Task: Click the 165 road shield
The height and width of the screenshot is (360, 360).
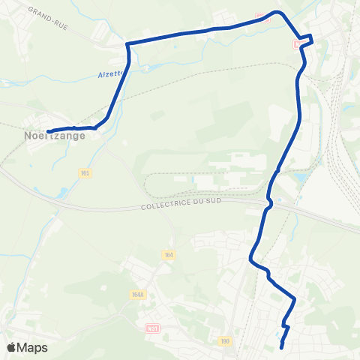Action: coord(85,173)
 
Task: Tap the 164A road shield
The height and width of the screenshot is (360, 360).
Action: coord(137,295)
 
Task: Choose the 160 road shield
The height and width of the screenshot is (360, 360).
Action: coord(224,341)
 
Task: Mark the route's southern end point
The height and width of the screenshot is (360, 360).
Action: coord(281,347)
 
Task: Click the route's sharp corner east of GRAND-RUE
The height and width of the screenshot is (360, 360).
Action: coord(127,44)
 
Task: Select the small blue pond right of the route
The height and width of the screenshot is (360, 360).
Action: coord(302,178)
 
